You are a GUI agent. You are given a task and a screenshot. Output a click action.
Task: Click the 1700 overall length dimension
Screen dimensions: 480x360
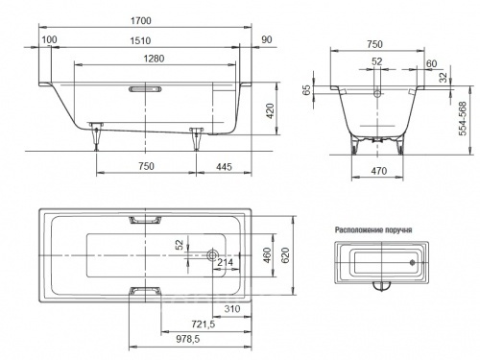(141, 21)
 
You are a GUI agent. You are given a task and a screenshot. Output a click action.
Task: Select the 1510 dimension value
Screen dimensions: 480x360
(140, 41)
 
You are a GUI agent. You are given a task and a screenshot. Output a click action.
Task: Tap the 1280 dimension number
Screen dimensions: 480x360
(154, 59)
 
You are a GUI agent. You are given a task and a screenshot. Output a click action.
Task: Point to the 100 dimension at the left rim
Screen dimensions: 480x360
(50, 39)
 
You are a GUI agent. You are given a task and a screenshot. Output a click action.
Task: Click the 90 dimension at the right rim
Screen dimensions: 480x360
(267, 39)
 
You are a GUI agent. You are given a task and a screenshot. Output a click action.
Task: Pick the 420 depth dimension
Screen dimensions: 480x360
(271, 111)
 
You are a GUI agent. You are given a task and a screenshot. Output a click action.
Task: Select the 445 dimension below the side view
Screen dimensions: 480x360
(224, 167)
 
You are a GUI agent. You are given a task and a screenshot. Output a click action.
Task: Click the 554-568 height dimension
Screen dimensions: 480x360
(463, 119)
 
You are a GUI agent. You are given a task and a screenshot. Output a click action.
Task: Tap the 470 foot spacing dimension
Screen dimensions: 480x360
(379, 171)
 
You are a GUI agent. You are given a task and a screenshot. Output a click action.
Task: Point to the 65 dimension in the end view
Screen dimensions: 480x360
(306, 90)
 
